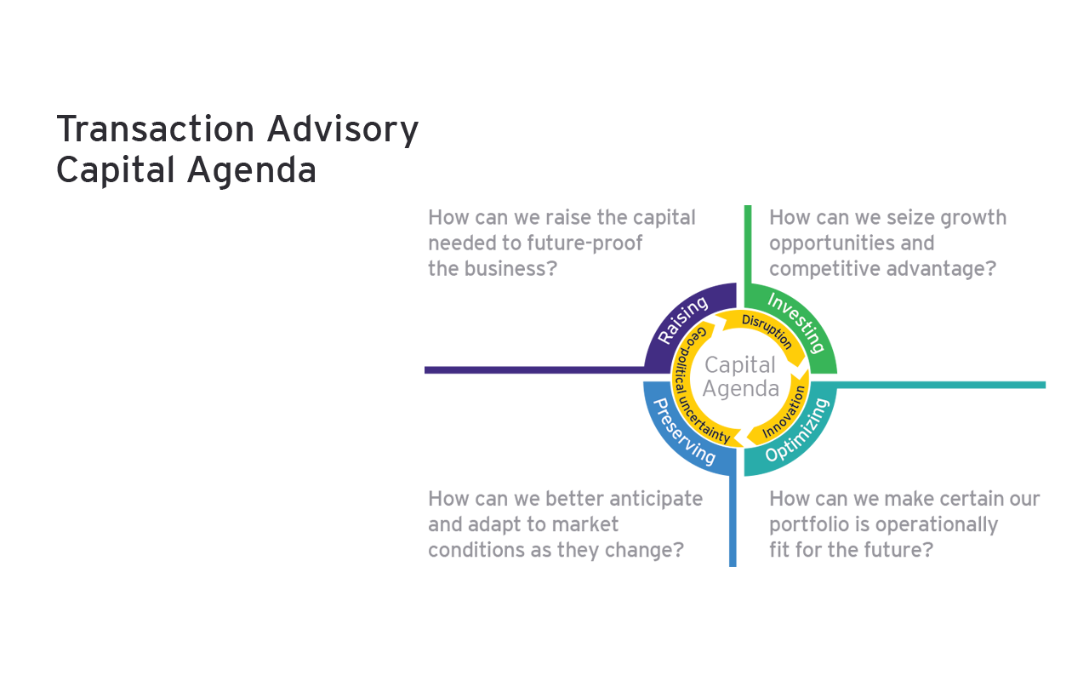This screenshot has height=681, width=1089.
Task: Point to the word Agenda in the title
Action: (252, 171)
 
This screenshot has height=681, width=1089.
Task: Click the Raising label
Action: (682, 320)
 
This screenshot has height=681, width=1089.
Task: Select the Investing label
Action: (796, 322)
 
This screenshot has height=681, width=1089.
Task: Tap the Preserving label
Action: (683, 431)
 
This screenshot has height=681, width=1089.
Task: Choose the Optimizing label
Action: (796, 430)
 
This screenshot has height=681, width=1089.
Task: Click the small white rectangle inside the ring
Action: (738, 346)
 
